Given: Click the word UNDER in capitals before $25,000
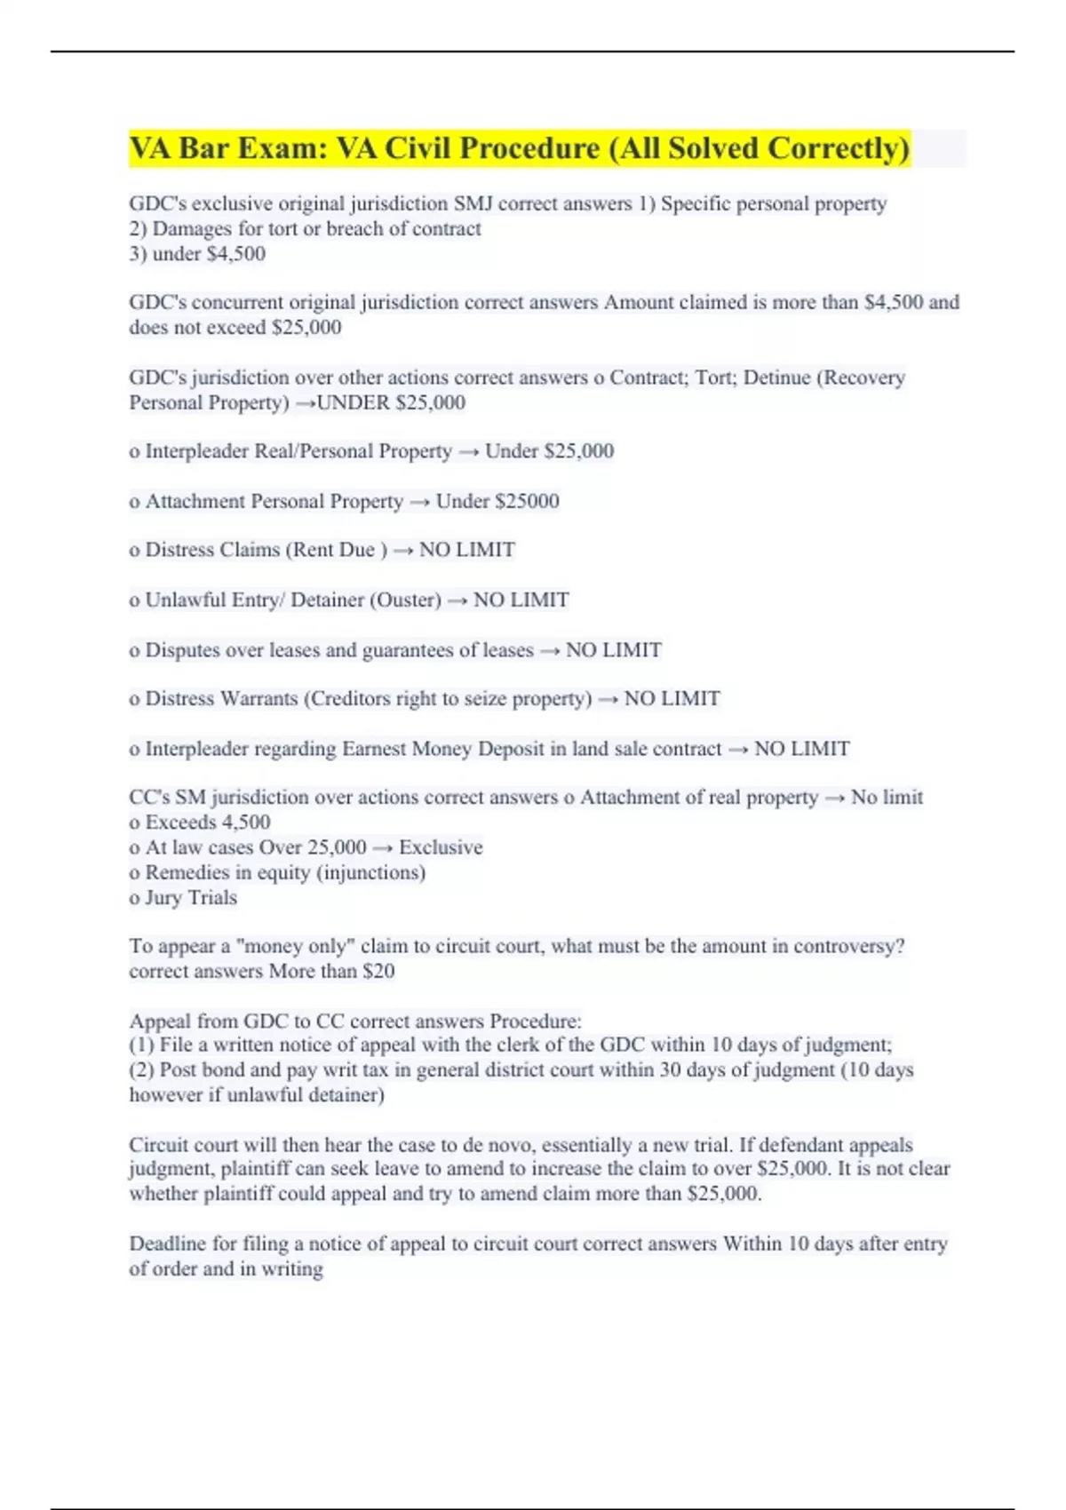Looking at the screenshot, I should [354, 402].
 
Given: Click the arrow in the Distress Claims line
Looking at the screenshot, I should [403, 551].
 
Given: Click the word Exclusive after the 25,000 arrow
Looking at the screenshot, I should [441, 847].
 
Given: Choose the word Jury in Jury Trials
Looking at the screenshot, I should [162, 897].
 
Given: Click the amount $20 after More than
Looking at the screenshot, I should [378, 971].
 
